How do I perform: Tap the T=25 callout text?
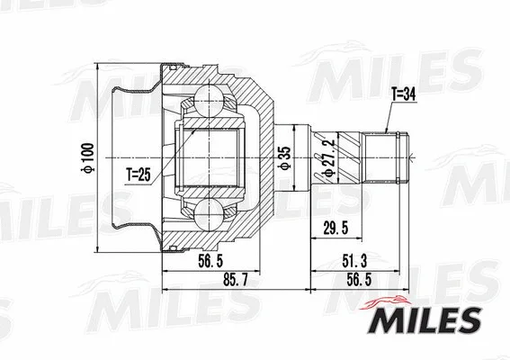tap(137, 174)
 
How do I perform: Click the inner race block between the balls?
tap(213, 157)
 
